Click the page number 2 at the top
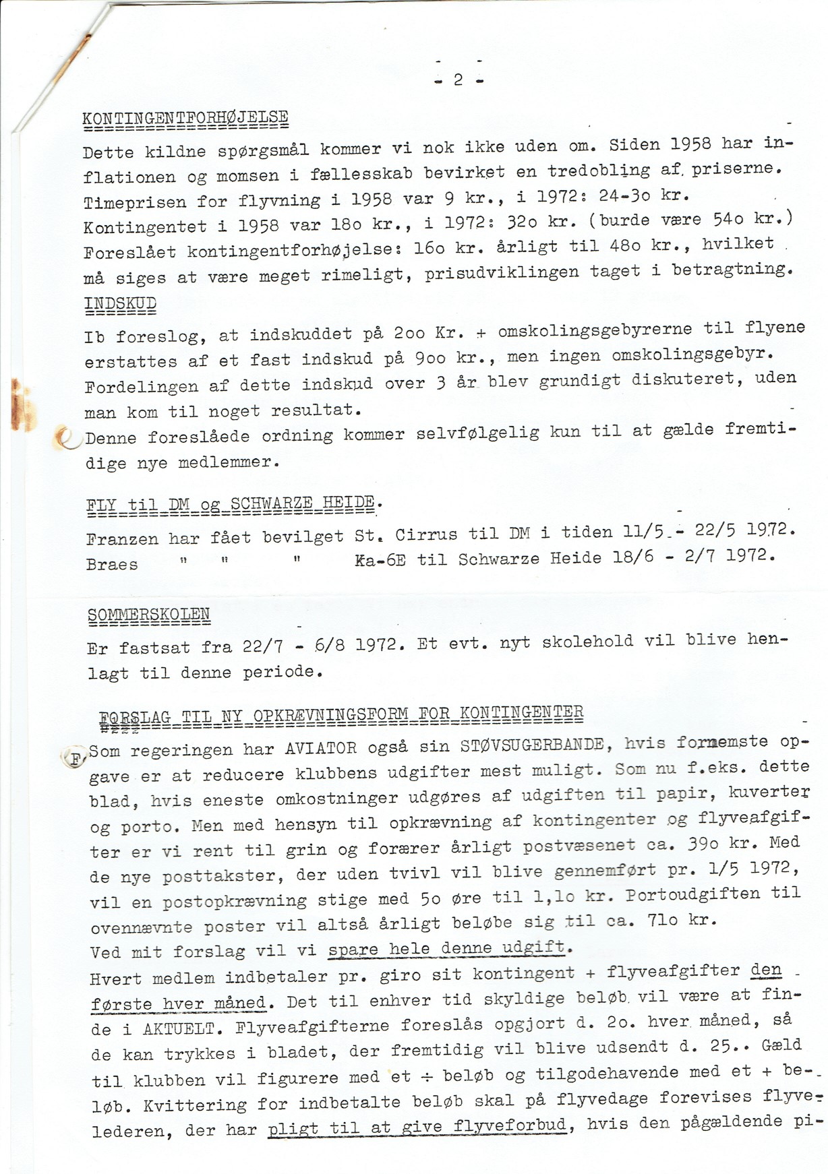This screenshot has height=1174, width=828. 459,80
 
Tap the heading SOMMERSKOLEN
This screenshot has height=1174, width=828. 149,615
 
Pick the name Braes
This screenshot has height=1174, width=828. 112,565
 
